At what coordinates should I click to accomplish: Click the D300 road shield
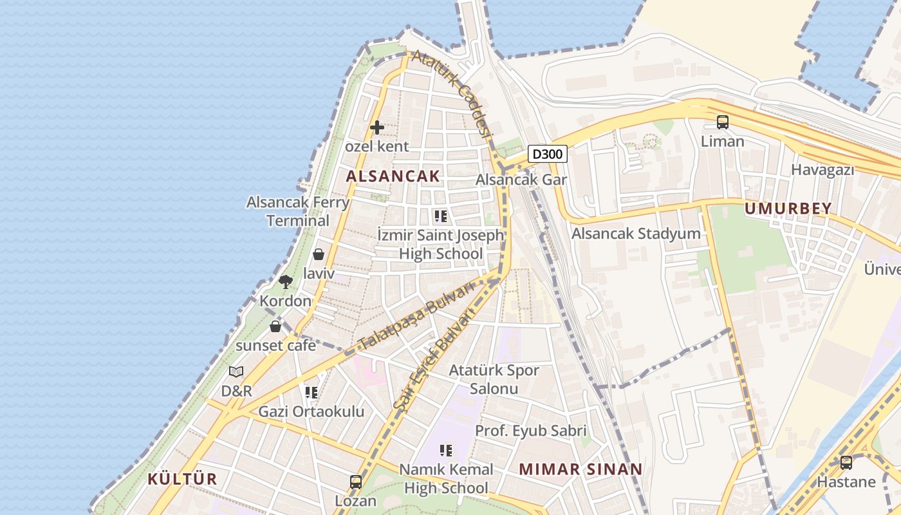pyautogui.click(x=548, y=154)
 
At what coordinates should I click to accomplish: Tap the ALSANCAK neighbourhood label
pyautogui.click(x=393, y=176)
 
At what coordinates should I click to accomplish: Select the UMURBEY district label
pyautogui.click(x=788, y=209)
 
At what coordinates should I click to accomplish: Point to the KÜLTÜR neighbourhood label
pyautogui.click(x=183, y=479)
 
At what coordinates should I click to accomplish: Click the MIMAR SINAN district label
pyautogui.click(x=581, y=469)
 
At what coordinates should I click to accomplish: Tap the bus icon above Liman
pyautogui.click(x=723, y=122)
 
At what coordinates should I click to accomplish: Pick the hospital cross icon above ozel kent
pyautogui.click(x=377, y=127)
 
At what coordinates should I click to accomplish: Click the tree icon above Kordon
pyautogui.click(x=286, y=281)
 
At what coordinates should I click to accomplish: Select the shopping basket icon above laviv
pyautogui.click(x=319, y=254)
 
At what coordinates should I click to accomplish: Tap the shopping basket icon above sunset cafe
pyautogui.click(x=275, y=326)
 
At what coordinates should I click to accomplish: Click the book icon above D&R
pyautogui.click(x=236, y=371)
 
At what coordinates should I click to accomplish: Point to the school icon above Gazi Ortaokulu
pyautogui.click(x=311, y=392)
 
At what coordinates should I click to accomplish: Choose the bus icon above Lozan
pyautogui.click(x=355, y=482)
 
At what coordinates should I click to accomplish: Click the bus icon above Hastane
pyautogui.click(x=846, y=462)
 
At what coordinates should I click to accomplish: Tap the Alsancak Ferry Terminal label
pyautogui.click(x=298, y=211)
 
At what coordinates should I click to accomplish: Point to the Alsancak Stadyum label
pyautogui.click(x=636, y=233)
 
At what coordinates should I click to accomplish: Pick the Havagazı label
pyautogui.click(x=822, y=170)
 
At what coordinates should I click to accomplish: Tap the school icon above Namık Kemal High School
pyautogui.click(x=446, y=450)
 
